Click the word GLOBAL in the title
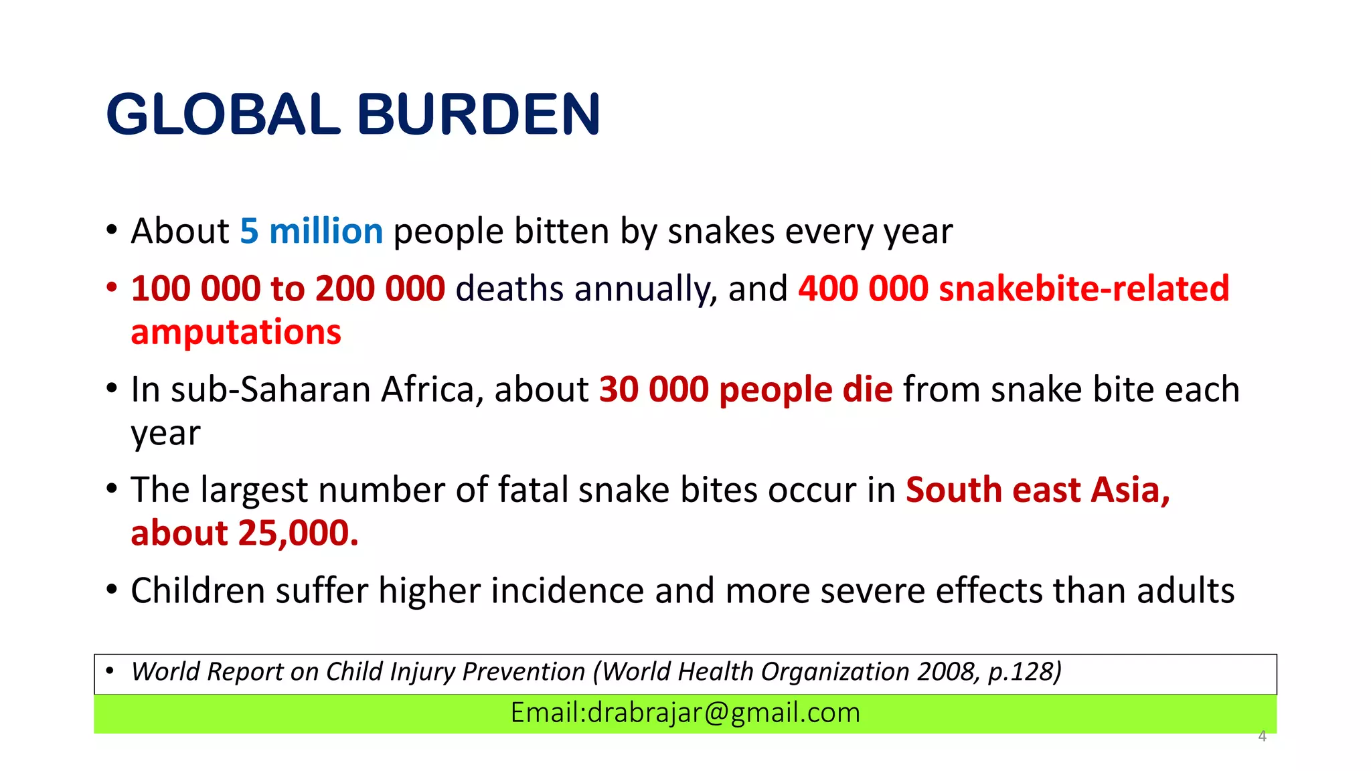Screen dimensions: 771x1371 pyautogui.click(x=223, y=114)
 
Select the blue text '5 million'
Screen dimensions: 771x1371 pyautogui.click(x=311, y=232)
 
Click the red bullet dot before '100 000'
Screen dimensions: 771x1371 pyautogui.click(x=112, y=288)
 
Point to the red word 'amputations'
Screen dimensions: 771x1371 pyautogui.click(x=236, y=333)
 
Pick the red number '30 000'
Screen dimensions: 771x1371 pyautogui.click(x=653, y=390)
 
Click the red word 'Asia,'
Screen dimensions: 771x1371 pyautogui.click(x=1130, y=490)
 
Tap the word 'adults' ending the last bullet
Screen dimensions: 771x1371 pyautogui.click(x=1185, y=591)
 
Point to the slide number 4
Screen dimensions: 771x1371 pyautogui.click(x=1262, y=736)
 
